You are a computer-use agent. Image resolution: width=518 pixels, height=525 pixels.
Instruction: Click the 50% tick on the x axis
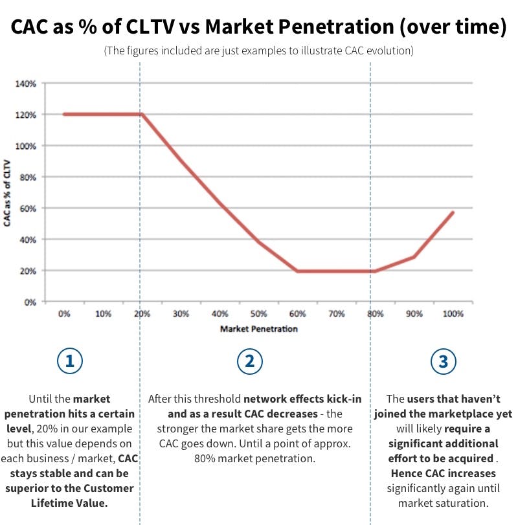(x=258, y=314)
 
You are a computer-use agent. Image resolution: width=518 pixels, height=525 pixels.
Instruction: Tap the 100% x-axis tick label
(x=453, y=314)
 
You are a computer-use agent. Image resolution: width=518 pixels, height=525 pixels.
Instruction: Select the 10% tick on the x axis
(x=103, y=314)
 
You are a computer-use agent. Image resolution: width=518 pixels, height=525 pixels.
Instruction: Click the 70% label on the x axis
(x=336, y=314)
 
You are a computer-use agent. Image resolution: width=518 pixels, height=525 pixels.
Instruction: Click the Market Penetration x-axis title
(x=258, y=329)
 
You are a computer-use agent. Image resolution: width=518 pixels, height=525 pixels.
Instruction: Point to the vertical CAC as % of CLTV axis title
(x=10, y=192)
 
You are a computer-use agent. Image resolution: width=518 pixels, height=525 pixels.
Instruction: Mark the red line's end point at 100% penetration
(x=453, y=212)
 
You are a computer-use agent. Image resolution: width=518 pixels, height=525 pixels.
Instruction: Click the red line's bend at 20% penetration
(x=142, y=115)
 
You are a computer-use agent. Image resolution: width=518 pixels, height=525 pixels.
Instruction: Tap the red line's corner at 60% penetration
(x=297, y=271)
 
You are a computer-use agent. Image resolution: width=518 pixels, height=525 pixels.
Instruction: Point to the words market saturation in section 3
(x=444, y=502)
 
